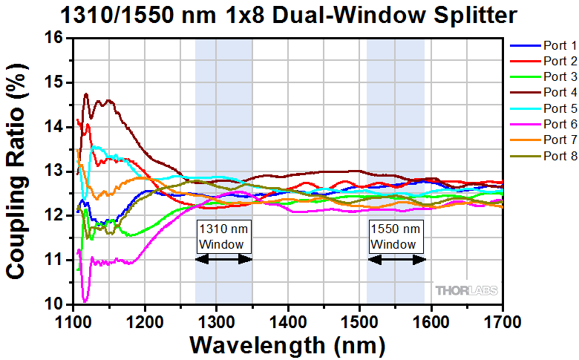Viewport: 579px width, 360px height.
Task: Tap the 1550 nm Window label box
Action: (396, 237)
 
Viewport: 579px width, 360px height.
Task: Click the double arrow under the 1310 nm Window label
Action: (223, 259)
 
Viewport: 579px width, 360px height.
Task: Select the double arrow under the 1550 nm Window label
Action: (396, 259)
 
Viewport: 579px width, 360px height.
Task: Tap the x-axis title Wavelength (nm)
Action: (288, 345)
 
